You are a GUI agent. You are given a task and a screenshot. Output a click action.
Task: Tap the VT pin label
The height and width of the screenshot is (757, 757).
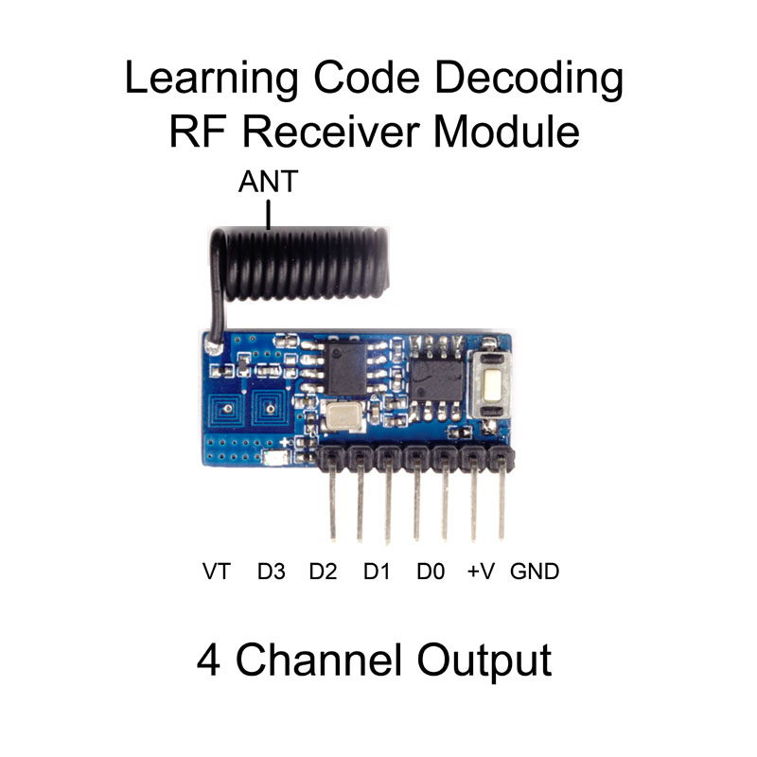[217, 572]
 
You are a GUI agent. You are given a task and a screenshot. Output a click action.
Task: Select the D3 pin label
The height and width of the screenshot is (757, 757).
[272, 572]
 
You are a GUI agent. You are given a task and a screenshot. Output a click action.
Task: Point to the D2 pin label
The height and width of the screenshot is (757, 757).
[325, 572]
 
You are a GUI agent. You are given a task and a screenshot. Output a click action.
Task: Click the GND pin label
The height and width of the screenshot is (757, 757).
[535, 572]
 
